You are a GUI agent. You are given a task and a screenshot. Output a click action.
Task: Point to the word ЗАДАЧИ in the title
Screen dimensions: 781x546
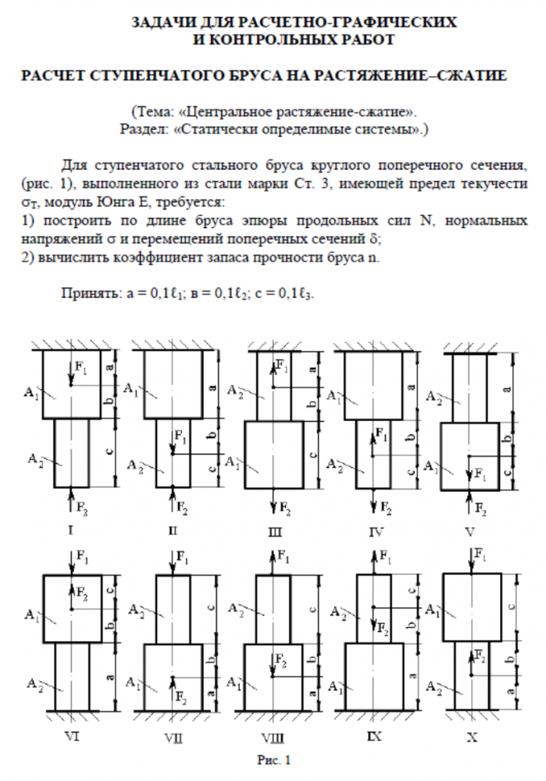[x=168, y=21]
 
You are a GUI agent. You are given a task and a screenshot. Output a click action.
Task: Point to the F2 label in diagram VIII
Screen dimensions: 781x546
[x=280, y=662]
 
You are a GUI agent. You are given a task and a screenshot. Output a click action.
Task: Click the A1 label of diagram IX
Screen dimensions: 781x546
[x=335, y=687]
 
